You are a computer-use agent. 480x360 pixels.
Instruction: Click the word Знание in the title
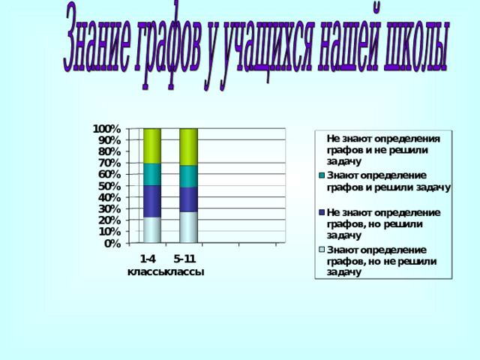[x=97, y=39]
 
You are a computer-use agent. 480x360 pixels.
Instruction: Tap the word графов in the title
[x=168, y=45]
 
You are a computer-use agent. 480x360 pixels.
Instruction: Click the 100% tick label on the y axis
[x=106, y=129]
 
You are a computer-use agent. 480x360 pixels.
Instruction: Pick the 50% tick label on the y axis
[x=109, y=186]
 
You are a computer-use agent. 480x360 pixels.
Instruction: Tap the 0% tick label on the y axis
[x=112, y=244]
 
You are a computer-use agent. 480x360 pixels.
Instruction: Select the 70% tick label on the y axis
[x=109, y=163]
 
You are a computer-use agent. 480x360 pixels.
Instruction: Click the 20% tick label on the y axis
[x=109, y=220]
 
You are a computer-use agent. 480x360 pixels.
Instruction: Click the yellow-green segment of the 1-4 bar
[x=152, y=146]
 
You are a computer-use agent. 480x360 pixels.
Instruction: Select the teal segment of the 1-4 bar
[x=152, y=175]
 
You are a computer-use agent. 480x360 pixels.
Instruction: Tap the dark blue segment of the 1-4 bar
[x=152, y=202]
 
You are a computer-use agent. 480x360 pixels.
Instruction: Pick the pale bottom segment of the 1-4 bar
[x=152, y=230]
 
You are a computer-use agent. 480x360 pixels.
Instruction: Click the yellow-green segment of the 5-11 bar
[x=188, y=147]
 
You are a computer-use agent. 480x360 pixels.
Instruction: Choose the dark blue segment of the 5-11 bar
[x=188, y=199]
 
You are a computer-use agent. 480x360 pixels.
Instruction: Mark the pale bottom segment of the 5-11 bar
[x=188, y=227]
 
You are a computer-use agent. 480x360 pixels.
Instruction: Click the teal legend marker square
[x=322, y=175]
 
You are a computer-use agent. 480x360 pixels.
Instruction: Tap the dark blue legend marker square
[x=322, y=212]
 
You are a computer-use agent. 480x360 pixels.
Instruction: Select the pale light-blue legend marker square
[x=322, y=250]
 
